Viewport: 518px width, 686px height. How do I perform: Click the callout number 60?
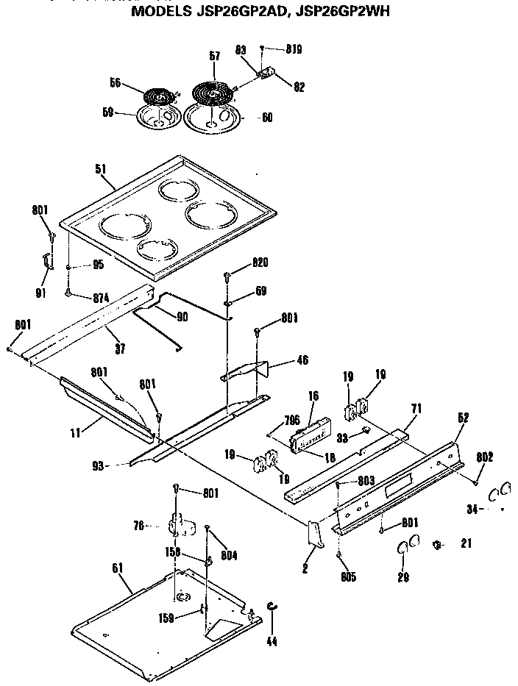pyautogui.click(x=266, y=118)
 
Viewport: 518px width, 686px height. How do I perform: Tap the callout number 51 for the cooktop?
pyautogui.click(x=101, y=168)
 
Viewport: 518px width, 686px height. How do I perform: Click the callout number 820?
pyautogui.click(x=259, y=263)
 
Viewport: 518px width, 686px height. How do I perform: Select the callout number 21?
pyautogui.click(x=464, y=544)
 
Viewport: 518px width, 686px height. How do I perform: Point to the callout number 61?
pyautogui.click(x=118, y=568)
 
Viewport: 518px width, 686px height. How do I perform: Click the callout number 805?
pyautogui.click(x=348, y=577)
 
